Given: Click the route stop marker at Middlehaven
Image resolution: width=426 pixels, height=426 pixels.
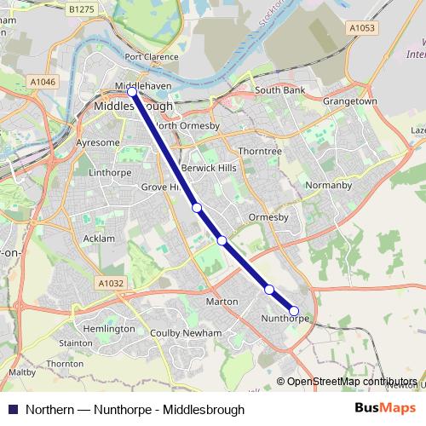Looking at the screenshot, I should [133, 91].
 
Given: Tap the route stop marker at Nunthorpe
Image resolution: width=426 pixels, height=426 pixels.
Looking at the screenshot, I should [294, 311].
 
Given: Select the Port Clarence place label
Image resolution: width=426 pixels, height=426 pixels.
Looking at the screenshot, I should [151, 57].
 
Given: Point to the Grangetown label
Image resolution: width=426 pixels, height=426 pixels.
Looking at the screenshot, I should [350, 101].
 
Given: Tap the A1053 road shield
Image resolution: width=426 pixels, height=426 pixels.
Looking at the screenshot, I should [360, 28].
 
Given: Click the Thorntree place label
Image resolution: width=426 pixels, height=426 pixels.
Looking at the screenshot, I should [260, 151].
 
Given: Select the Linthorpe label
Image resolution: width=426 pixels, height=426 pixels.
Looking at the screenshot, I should [107, 171].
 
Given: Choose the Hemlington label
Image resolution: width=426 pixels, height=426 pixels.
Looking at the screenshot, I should [105, 328].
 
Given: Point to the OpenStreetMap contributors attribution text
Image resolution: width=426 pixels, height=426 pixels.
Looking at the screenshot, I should [351, 382].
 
